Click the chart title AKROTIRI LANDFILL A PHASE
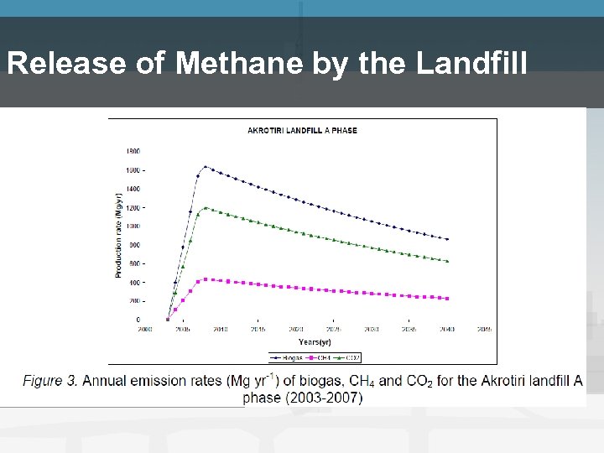pos(302,131)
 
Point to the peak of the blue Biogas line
pos(206,166)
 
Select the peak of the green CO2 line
pos(206,208)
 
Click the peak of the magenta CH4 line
pos(206,279)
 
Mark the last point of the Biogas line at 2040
pos(447,239)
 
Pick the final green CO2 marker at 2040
pos(447,261)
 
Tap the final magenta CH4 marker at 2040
pos(447,299)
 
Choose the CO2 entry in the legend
pos(347,357)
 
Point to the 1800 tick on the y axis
pos(133,151)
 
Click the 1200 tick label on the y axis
pos(133,207)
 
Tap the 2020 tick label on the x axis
pos(296,329)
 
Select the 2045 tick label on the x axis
pos(484,329)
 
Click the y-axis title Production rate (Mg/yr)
pos(118,235)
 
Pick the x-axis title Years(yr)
pos(315,341)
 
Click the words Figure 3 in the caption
pos(50,381)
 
